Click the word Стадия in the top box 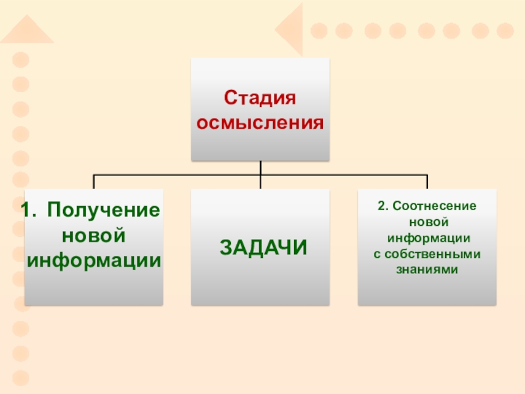[x=261, y=99]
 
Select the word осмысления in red [x=261, y=123]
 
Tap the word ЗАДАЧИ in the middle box [x=262, y=248]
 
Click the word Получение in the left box [x=104, y=211]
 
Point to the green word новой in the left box [x=93, y=235]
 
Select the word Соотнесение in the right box [x=436, y=206]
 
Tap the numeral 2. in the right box [x=383, y=206]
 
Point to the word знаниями [x=427, y=269]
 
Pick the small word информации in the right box [x=427, y=238]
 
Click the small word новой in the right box [x=427, y=222]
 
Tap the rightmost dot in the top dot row [x=505, y=31]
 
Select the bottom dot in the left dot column [x=22, y=378]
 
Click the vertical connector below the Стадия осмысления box [x=261, y=168]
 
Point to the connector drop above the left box [x=94, y=182]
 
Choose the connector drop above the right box [x=427, y=182]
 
